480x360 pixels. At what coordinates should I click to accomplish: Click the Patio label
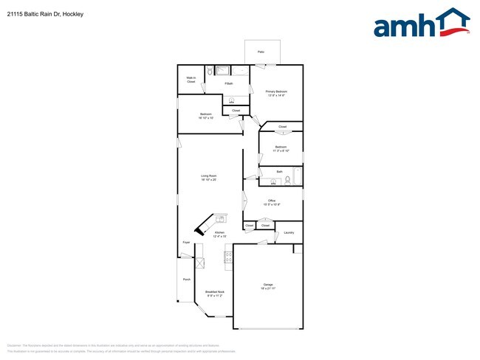(x=261, y=52)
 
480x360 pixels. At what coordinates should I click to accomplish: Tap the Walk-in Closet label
(x=191, y=79)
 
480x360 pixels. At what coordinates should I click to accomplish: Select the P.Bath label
(x=229, y=83)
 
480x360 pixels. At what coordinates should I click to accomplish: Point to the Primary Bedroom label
(x=276, y=93)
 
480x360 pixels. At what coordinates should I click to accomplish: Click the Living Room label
(x=209, y=177)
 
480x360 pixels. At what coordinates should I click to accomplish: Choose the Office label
(x=272, y=201)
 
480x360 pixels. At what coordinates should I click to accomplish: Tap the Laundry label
(x=289, y=233)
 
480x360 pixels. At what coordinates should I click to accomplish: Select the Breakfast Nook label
(x=215, y=294)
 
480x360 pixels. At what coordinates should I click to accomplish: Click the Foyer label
(x=186, y=242)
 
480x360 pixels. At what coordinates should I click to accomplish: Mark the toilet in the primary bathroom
(x=209, y=72)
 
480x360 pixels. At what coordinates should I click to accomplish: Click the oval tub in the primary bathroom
(x=240, y=71)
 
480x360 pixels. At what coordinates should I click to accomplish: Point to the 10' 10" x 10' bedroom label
(x=206, y=116)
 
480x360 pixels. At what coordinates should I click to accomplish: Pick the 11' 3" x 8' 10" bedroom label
(x=280, y=148)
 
